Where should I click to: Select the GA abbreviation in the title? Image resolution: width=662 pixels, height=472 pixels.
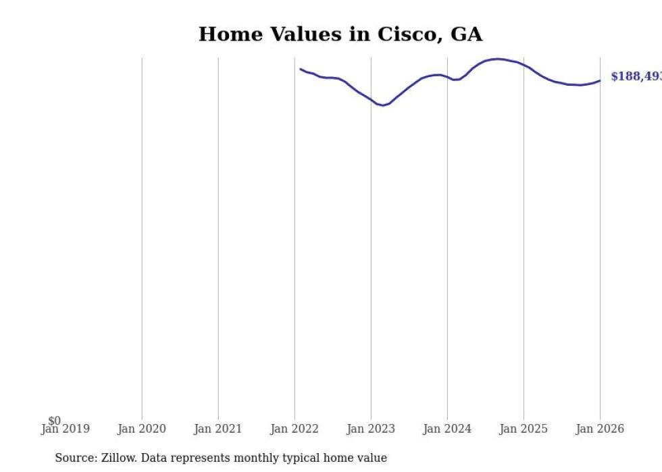tap(466, 34)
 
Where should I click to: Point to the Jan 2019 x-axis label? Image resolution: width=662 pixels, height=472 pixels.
tap(66, 429)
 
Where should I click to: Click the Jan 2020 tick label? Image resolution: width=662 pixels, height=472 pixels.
tap(142, 429)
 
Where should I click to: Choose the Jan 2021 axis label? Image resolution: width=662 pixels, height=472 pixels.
tap(218, 429)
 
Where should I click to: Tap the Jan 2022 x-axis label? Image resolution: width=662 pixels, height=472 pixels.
tap(295, 429)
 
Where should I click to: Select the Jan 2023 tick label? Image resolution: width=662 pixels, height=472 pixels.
tap(371, 429)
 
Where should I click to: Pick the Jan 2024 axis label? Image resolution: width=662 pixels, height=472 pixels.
tap(447, 429)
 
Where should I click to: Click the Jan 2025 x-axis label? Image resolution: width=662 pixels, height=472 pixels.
tap(524, 429)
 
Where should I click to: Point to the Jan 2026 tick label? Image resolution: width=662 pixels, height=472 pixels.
tap(600, 429)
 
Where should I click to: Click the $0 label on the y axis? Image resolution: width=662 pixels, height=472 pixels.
tap(54, 421)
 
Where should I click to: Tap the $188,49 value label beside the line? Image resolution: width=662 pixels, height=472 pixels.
tap(636, 76)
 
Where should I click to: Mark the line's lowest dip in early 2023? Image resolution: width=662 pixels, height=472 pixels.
tap(382, 105)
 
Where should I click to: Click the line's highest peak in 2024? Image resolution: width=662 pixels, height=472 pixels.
tap(498, 59)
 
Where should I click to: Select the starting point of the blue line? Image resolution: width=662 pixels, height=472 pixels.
tap(301, 69)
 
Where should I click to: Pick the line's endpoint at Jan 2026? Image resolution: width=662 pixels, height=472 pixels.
tap(600, 81)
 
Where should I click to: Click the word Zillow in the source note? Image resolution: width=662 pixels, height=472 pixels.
tap(118, 458)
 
